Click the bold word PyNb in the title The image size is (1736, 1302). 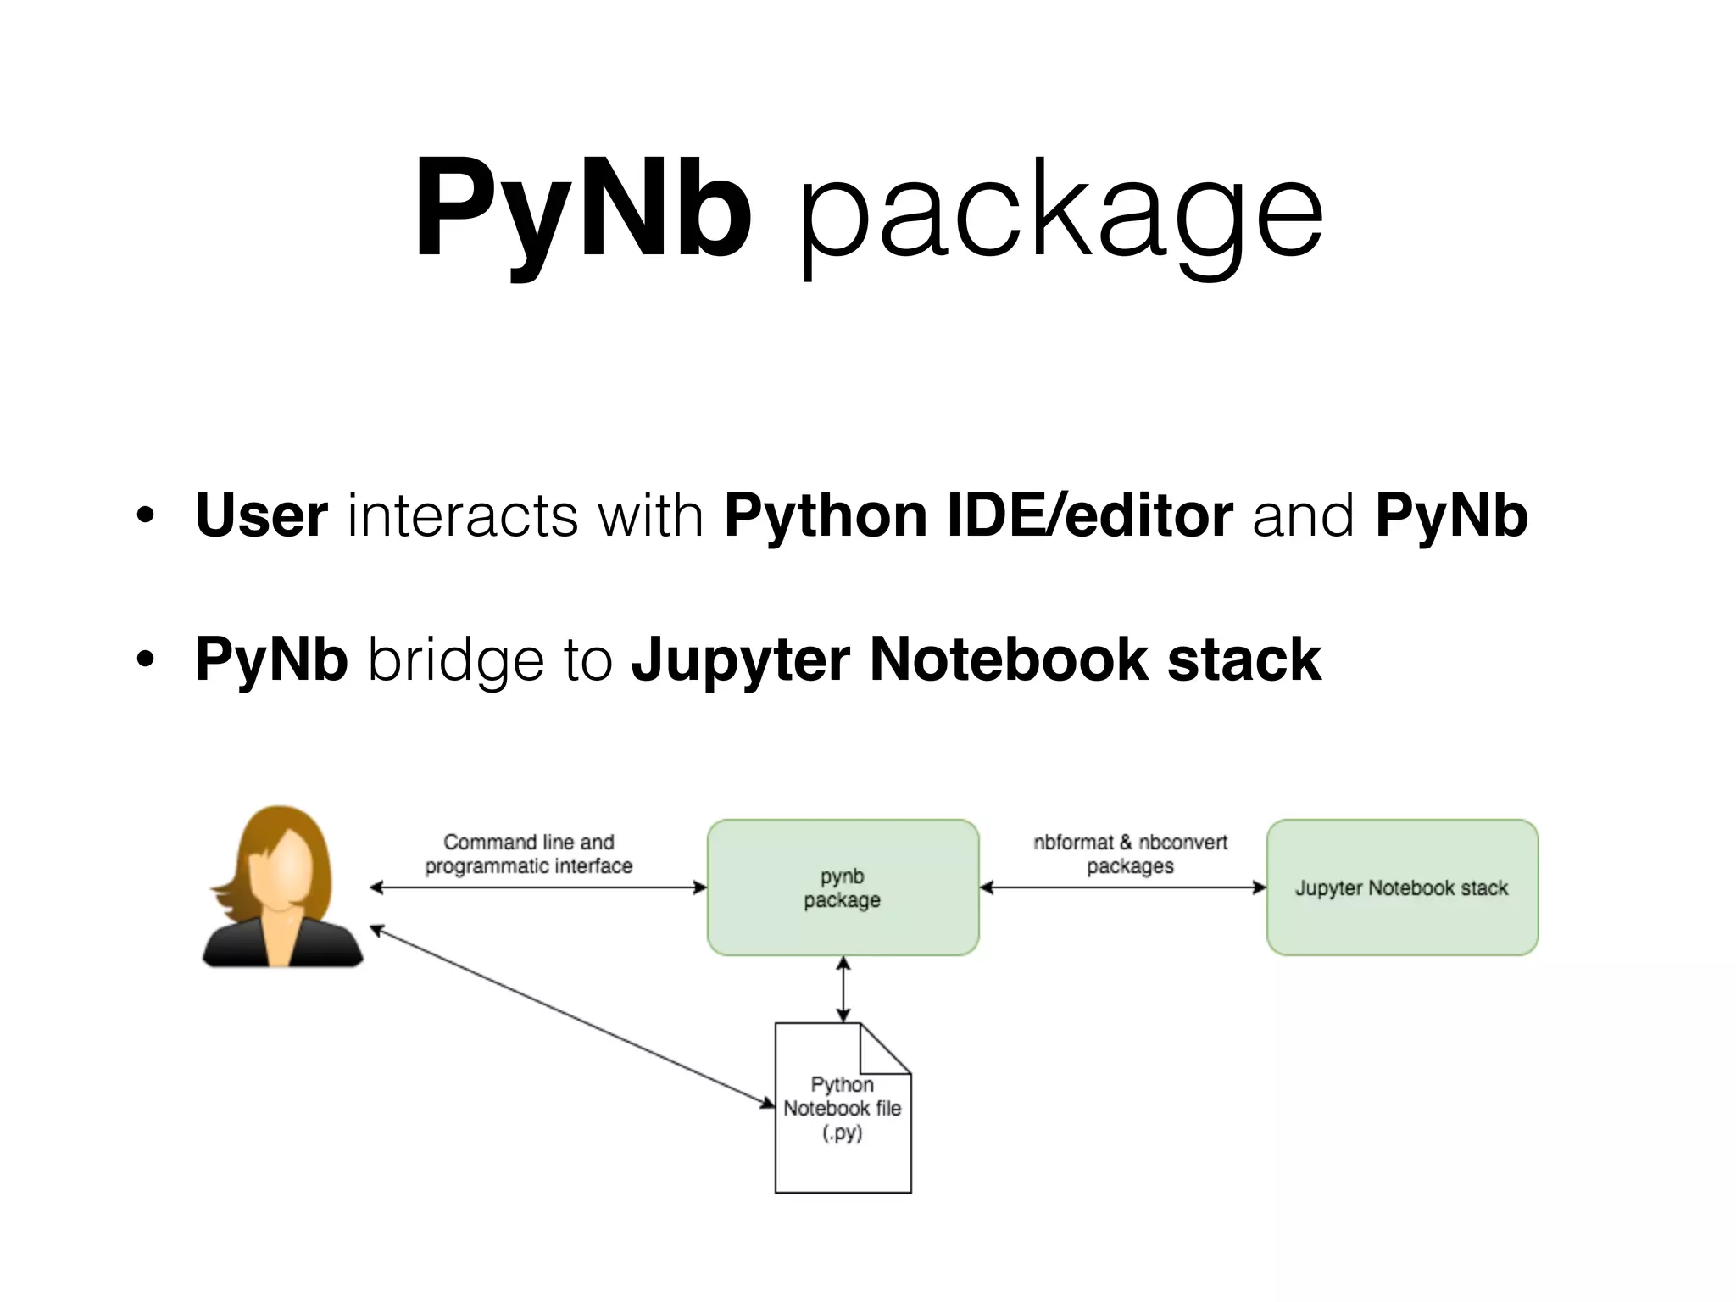582,209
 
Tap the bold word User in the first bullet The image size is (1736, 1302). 261,515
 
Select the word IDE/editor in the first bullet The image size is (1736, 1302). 1090,515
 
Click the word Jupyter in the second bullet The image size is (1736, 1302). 740,659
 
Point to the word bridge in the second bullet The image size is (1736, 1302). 455,659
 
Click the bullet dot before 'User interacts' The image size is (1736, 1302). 145,516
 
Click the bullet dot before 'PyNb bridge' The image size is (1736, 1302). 145,660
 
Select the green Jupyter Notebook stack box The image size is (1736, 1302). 1402,924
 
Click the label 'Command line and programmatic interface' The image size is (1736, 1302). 528,854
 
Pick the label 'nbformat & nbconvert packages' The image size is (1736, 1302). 1130,854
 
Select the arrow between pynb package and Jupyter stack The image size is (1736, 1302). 1122,887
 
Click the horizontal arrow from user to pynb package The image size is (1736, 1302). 538,887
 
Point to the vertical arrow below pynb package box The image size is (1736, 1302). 843,989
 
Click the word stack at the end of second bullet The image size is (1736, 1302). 1244,659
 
